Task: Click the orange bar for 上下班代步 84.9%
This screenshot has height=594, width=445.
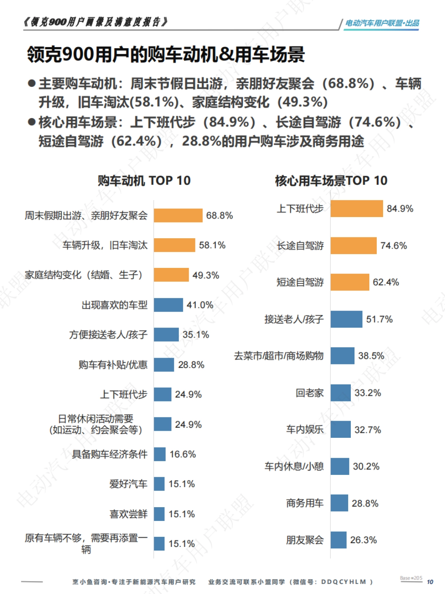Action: pyautogui.click(x=356, y=209)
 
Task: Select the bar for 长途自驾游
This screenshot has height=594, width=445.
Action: pyautogui.click(x=353, y=246)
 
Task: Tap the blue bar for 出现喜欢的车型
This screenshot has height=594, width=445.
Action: pyautogui.click(x=168, y=305)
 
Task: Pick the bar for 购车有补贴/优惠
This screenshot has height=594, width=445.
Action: pyautogui.click(x=164, y=365)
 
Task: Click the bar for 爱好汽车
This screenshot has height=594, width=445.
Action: pyautogui.click(x=159, y=484)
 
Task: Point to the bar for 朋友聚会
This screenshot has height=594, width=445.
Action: pyautogui.click(x=338, y=540)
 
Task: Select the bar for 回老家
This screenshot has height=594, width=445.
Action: pyautogui.click(x=340, y=393)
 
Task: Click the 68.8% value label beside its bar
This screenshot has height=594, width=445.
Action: pyautogui.click(x=219, y=216)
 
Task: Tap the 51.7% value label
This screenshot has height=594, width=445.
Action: pyautogui.click(x=379, y=319)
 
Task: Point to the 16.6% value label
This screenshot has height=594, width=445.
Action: pyautogui.click(x=182, y=454)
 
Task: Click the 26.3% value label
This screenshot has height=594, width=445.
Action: pyautogui.click(x=363, y=540)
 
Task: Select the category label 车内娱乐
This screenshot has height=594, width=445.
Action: pyautogui.click(x=304, y=430)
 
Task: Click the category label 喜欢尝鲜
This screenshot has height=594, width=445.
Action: pyautogui.click(x=128, y=514)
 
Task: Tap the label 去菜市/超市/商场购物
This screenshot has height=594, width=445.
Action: pyautogui.click(x=278, y=356)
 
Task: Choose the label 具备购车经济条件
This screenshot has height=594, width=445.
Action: pyautogui.click(x=109, y=454)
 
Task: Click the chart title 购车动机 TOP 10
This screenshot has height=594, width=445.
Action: pyautogui.click(x=144, y=181)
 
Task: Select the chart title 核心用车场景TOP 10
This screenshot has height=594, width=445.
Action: pyautogui.click(x=331, y=181)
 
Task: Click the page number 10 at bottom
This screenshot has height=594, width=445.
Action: pyautogui.click(x=430, y=582)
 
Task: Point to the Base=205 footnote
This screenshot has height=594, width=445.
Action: pyautogui.click(x=411, y=578)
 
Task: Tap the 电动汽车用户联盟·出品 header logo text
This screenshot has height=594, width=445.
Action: pyautogui.click(x=382, y=23)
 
